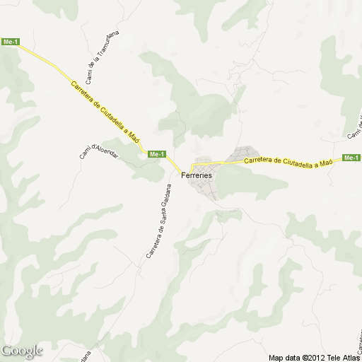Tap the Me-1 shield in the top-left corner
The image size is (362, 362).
(10, 42)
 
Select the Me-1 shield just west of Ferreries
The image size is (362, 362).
(156, 154)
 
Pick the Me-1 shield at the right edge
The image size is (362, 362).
(351, 157)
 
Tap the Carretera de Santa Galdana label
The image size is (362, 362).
(158, 220)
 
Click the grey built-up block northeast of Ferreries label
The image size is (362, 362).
(245, 153)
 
